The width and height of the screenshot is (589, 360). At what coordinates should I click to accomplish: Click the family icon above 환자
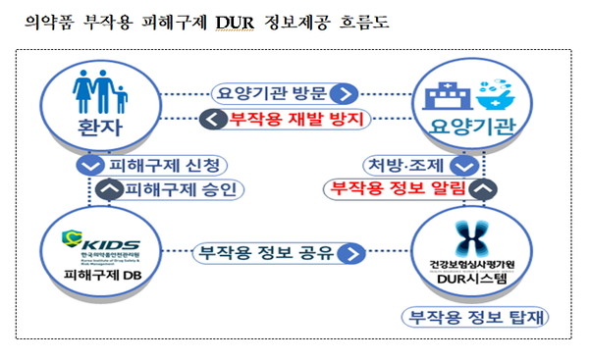click(100, 93)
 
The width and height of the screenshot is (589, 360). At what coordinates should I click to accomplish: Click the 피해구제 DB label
click(100, 287)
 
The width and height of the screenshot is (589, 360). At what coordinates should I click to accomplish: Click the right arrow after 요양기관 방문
click(342, 94)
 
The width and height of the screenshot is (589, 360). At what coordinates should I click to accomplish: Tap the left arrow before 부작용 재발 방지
click(212, 120)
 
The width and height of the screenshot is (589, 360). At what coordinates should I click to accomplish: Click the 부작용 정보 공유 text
click(267, 254)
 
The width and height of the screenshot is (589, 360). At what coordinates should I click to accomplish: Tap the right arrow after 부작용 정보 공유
click(350, 255)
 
